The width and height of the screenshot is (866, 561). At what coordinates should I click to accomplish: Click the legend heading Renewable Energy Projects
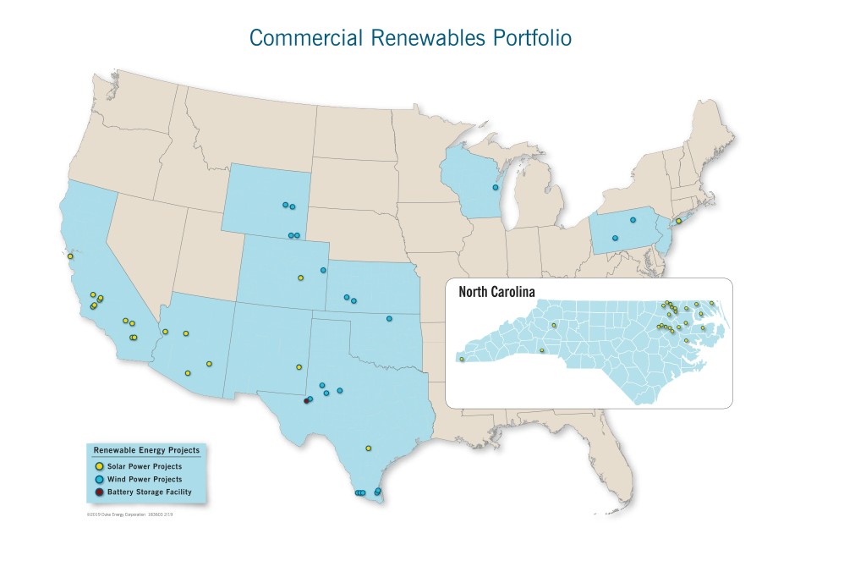tap(146, 451)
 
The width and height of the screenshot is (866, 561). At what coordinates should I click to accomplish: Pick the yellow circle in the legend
tap(100, 466)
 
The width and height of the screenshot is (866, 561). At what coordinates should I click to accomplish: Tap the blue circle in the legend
tap(100, 479)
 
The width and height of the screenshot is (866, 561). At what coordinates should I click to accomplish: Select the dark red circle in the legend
tap(100, 492)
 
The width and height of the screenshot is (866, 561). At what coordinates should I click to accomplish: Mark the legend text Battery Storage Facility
tap(155, 492)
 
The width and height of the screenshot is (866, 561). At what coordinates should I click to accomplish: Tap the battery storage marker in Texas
tap(306, 402)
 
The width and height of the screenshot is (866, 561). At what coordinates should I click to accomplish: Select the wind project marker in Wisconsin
tap(495, 188)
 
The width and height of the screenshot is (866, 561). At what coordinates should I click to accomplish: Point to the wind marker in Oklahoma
tap(389, 319)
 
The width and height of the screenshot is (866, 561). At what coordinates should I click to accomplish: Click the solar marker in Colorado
tap(300, 278)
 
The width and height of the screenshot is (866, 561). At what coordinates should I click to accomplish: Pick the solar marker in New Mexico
tap(299, 367)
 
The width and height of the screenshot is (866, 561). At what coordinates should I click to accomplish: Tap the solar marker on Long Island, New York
tap(678, 221)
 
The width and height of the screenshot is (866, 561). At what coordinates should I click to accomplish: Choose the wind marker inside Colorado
tap(323, 270)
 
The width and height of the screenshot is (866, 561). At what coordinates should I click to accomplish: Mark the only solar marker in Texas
tap(368, 448)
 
